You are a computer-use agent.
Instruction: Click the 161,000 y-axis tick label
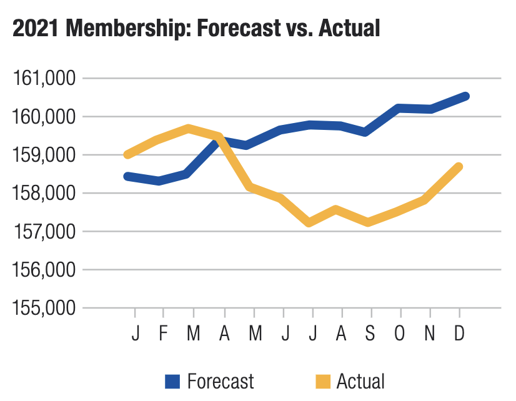pos(44,79)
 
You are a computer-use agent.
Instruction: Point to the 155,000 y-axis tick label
pos(44,308)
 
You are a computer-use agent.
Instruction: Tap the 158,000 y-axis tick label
pos(44,194)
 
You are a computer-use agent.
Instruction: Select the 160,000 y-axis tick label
pos(44,117)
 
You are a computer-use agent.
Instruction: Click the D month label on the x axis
pos(460,334)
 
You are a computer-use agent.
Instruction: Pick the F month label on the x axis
pos(163,334)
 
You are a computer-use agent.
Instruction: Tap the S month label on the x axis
pos(370,334)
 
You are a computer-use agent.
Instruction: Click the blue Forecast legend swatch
pos(172,380)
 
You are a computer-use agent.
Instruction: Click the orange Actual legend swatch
pos(322,380)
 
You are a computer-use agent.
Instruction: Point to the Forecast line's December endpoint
pos(465,96)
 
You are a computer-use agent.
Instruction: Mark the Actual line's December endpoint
pos(459,167)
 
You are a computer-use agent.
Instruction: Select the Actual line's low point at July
pos(310,222)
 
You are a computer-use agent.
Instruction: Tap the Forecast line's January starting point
pos(127,176)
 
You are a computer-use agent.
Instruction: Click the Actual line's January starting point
pos(127,154)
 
